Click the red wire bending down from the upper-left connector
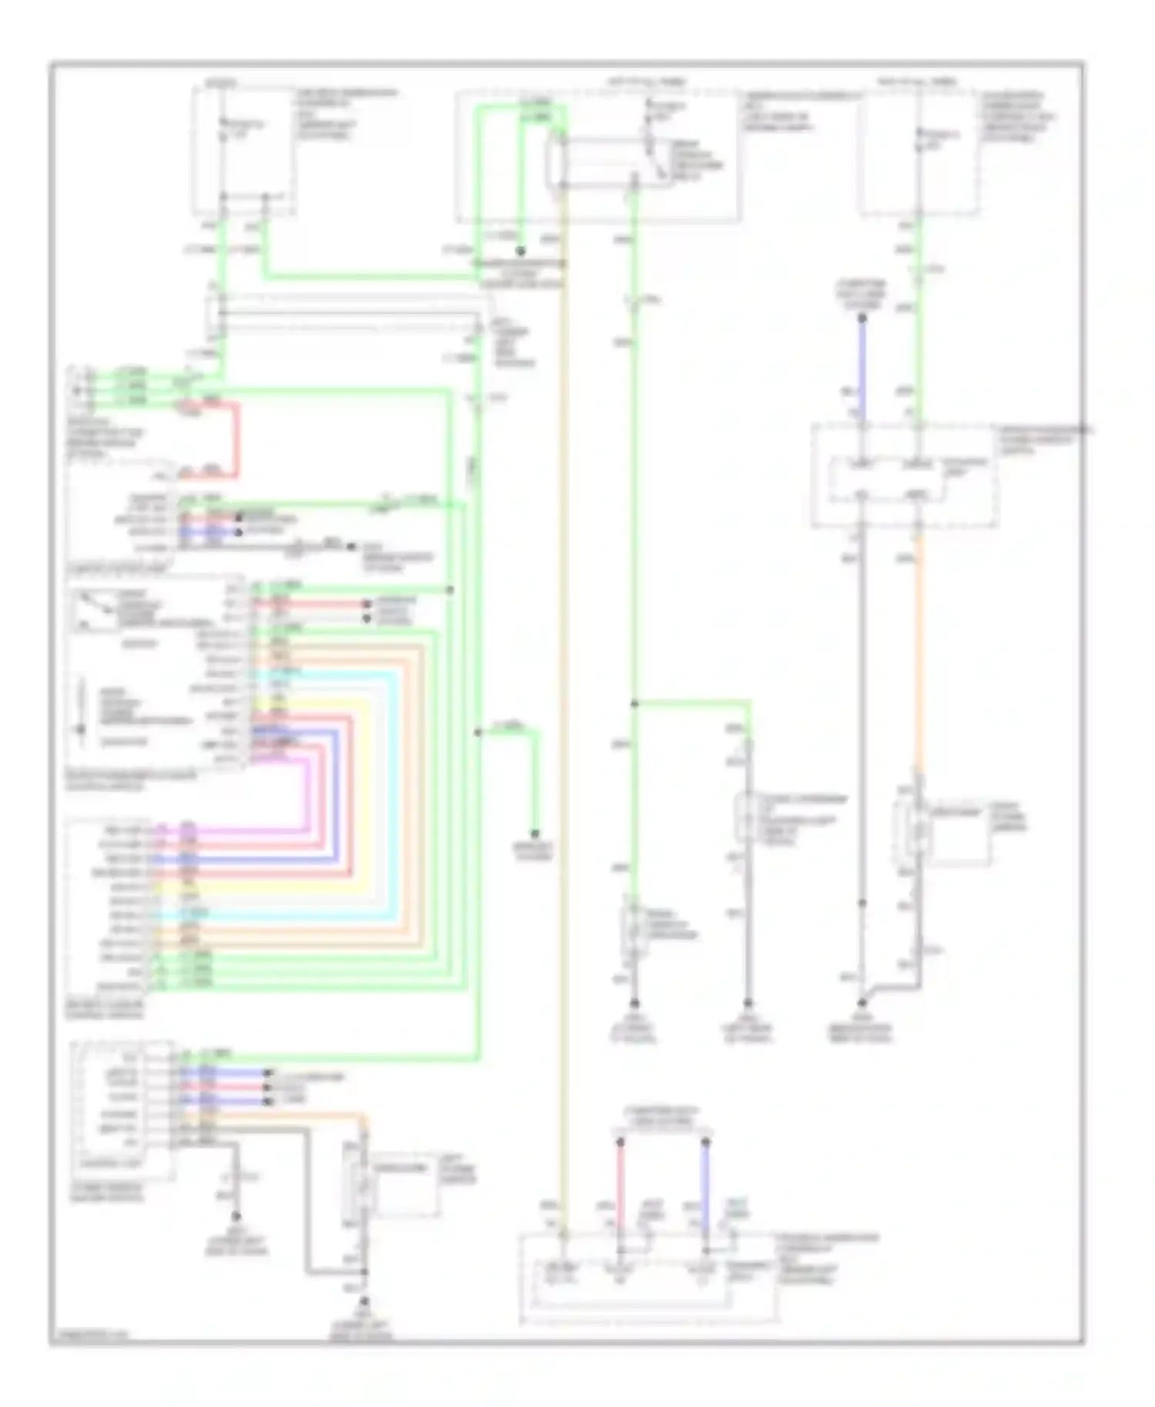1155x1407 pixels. pyautogui.click(x=236, y=439)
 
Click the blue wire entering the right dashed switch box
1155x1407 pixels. pyautogui.click(x=862, y=369)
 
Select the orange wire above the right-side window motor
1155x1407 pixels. pyautogui.click(x=918, y=654)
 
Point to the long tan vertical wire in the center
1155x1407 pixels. pyautogui.click(x=564, y=693)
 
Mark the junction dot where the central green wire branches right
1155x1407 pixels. pyautogui.click(x=634, y=703)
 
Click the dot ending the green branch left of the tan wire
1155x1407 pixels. pyautogui.click(x=534, y=834)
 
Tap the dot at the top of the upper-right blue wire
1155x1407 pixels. pyautogui.click(x=862, y=317)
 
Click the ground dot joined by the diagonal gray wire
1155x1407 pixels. pyautogui.click(x=862, y=1003)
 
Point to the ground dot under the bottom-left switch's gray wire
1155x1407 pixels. pyautogui.click(x=236, y=1216)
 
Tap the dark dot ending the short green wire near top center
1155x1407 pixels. pyautogui.click(x=521, y=252)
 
